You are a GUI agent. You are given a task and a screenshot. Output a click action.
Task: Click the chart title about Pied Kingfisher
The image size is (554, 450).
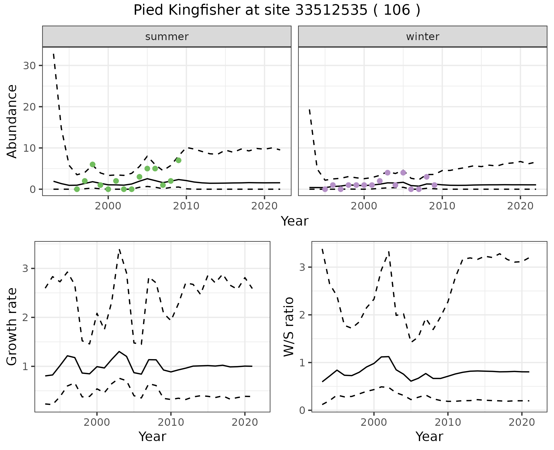(x=277, y=10)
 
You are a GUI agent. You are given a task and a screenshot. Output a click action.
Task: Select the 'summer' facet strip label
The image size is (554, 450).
(x=167, y=37)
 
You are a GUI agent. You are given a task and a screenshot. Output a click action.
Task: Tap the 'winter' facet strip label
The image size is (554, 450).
(x=422, y=37)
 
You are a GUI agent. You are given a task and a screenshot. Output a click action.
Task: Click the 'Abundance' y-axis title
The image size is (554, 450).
(x=12, y=121)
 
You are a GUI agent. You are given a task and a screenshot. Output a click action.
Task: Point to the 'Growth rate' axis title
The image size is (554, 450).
(x=12, y=327)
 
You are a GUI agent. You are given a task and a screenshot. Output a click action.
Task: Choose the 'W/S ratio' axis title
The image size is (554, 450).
(x=289, y=327)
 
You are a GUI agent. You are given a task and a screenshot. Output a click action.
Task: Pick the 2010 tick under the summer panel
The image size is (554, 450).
(x=186, y=206)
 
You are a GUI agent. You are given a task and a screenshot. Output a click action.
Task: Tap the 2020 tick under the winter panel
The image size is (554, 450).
(x=520, y=206)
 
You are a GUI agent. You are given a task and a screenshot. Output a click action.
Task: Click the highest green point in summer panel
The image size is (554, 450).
(x=178, y=160)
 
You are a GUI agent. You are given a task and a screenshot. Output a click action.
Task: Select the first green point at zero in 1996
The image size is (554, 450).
(x=77, y=189)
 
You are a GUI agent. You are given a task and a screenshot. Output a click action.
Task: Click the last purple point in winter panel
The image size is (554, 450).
(x=435, y=185)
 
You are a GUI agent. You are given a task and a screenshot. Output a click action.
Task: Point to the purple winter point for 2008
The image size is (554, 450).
(x=427, y=177)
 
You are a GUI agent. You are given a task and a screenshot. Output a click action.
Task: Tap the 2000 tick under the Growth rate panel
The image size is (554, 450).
(x=97, y=422)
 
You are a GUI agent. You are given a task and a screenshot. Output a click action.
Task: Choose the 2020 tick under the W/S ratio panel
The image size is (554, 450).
(x=522, y=422)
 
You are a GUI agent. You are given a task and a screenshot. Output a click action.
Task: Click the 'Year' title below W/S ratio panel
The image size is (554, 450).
(x=429, y=436)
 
